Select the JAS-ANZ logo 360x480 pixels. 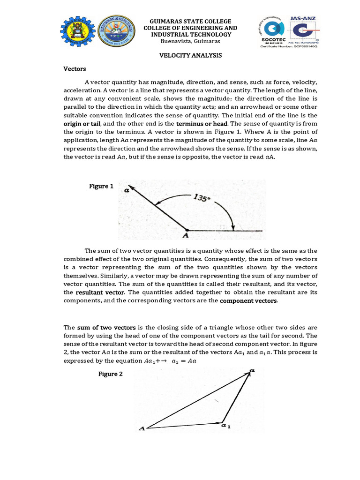[304, 29]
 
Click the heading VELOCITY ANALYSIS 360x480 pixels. [190, 55]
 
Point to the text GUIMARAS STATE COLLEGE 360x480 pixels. [190, 21]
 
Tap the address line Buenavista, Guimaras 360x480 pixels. [190, 41]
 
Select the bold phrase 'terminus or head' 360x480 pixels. [202, 123]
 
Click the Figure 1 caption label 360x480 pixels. [101, 186]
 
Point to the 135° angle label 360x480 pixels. [202, 199]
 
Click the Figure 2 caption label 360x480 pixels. [110, 374]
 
